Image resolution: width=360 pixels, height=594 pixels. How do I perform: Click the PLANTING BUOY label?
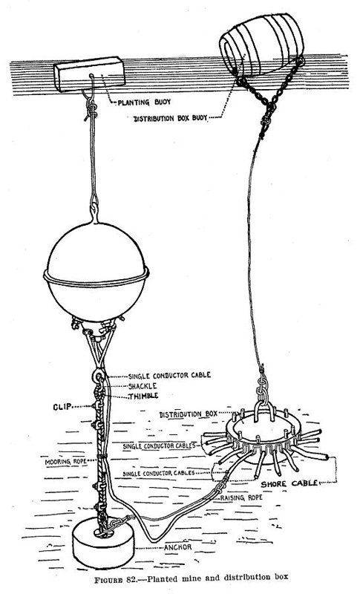click(144, 102)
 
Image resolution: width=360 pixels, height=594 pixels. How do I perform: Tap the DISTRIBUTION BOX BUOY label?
click(170, 118)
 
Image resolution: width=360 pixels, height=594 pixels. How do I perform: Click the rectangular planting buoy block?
click(89, 74)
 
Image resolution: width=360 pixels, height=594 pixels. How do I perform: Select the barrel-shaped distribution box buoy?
click(262, 45)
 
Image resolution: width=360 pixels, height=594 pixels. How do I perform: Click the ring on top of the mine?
click(94, 212)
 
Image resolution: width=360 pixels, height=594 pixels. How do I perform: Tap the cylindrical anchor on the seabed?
click(103, 544)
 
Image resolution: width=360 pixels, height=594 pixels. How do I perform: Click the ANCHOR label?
click(178, 547)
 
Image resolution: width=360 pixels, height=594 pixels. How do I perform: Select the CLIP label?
click(62, 408)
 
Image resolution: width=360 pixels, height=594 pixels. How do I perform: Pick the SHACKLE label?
click(143, 386)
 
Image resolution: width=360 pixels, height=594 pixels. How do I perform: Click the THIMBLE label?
click(143, 396)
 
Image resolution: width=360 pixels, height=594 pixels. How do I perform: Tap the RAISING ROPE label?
click(241, 497)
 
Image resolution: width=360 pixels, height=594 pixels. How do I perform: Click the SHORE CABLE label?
click(289, 484)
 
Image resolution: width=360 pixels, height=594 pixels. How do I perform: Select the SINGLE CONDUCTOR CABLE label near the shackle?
click(169, 376)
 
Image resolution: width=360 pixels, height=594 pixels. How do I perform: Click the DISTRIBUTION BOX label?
click(188, 414)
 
